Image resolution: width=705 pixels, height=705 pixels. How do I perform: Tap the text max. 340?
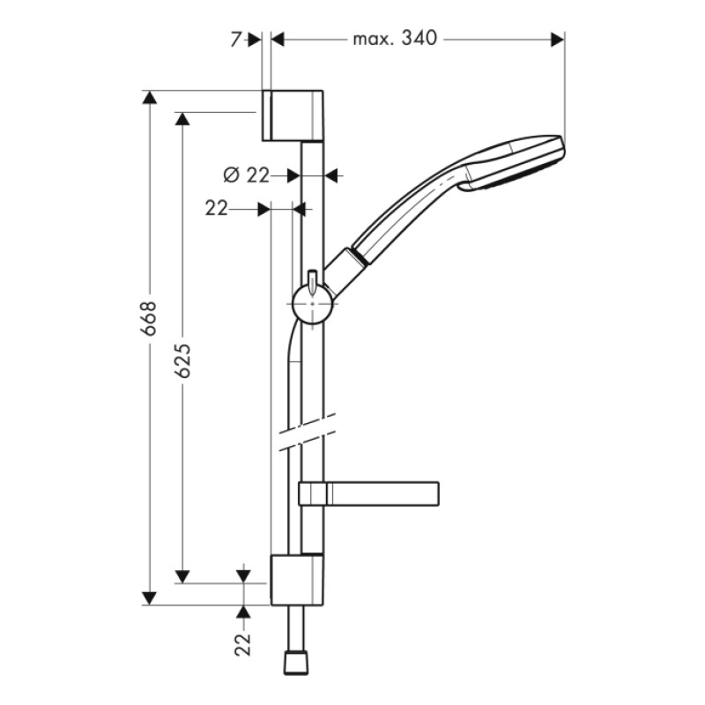(x=394, y=40)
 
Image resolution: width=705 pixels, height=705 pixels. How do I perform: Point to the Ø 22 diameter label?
(x=246, y=175)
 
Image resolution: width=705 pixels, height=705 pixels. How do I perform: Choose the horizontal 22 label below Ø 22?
(x=217, y=209)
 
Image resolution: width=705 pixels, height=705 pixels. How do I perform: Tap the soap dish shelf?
(x=370, y=493)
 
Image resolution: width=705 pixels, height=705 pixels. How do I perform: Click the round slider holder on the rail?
(x=312, y=304)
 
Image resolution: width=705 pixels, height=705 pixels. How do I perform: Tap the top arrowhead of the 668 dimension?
(x=150, y=98)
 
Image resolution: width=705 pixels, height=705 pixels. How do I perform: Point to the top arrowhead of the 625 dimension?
(x=182, y=119)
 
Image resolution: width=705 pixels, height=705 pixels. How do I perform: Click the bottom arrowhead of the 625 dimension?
(x=182, y=575)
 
